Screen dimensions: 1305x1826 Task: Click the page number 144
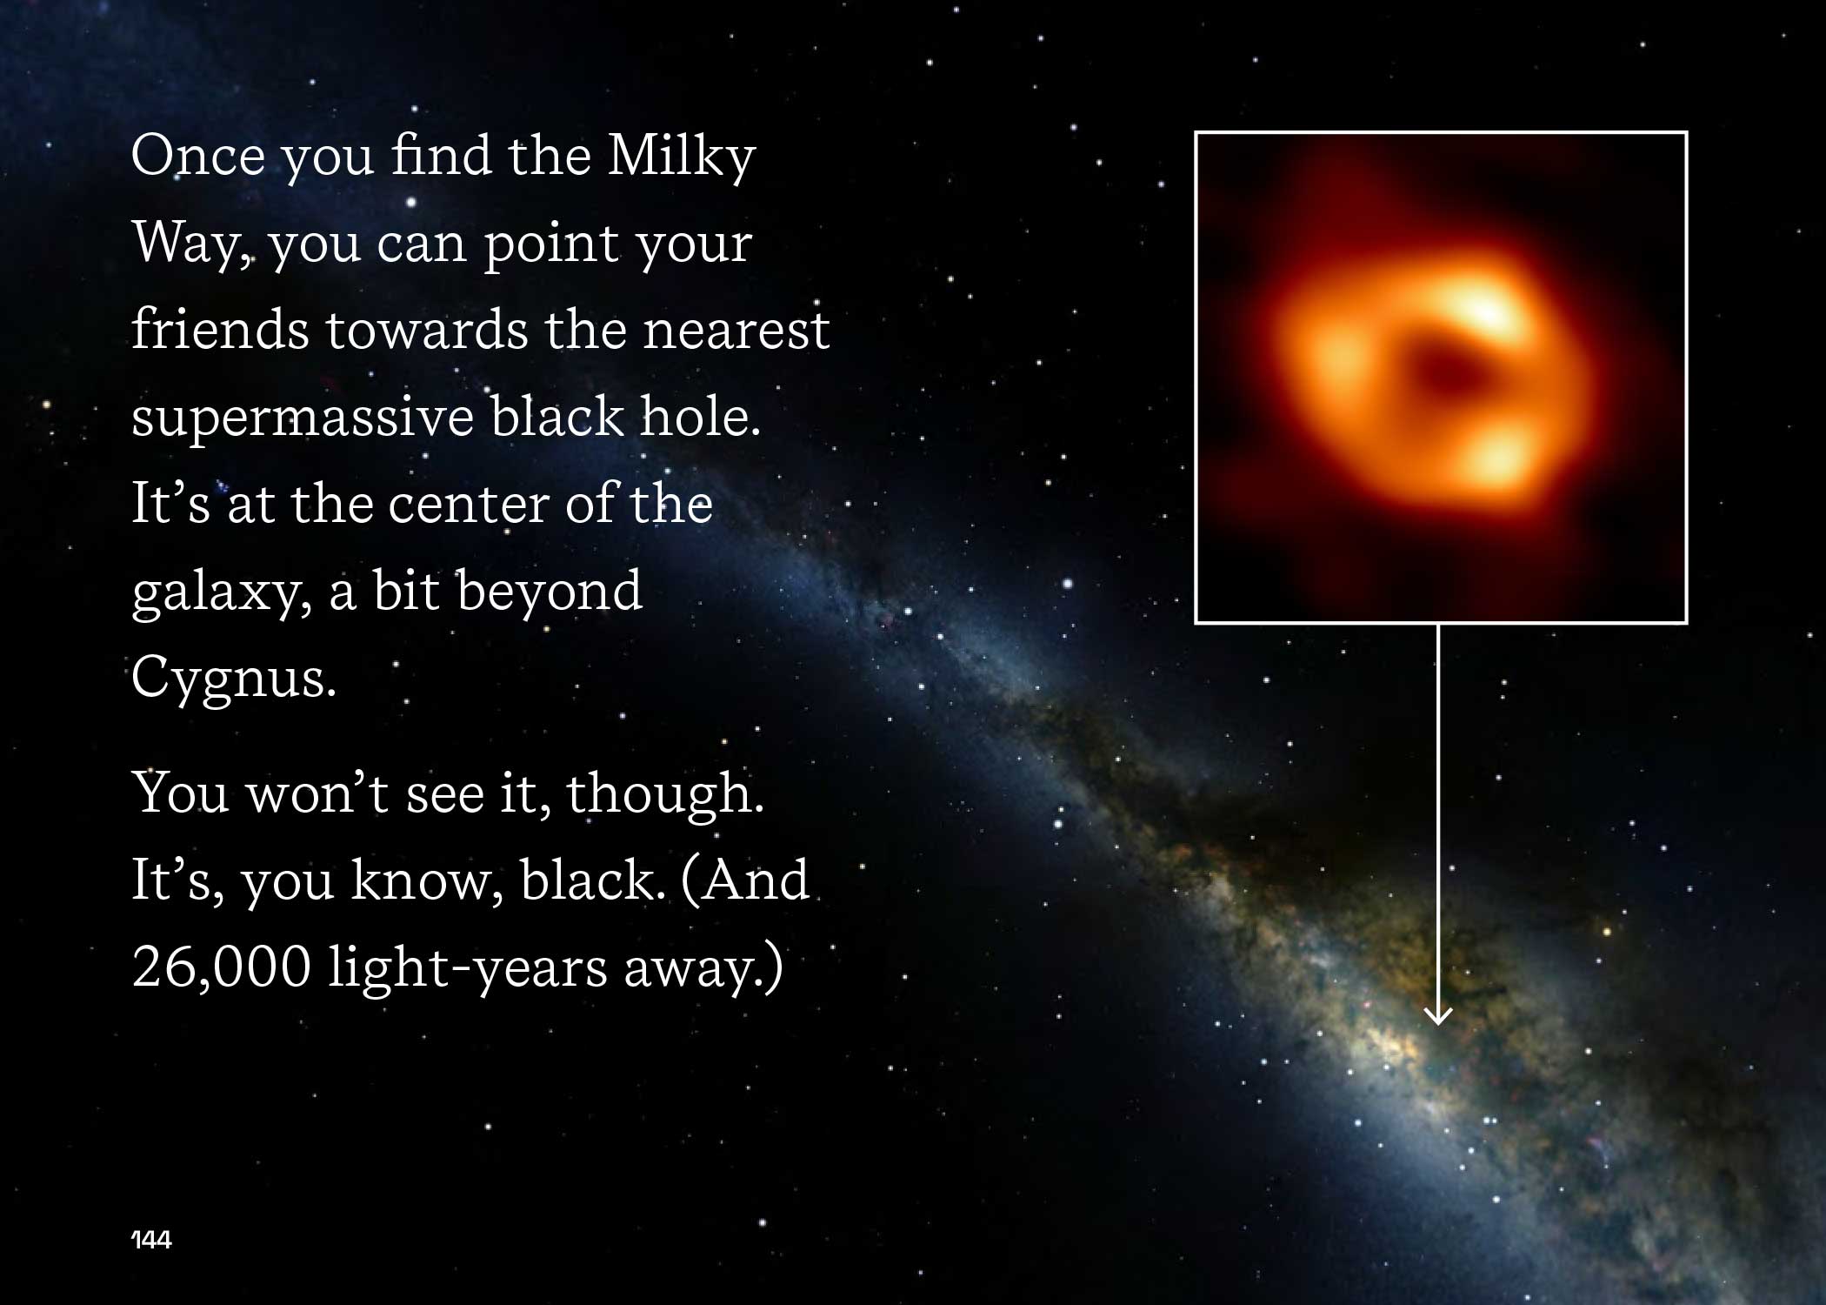pos(151,1240)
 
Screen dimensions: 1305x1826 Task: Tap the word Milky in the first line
pos(681,157)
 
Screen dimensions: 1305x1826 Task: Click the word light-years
pos(467,968)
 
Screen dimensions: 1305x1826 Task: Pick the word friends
pos(220,330)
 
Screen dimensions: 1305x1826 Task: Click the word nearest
pos(736,331)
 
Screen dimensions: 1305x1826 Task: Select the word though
pos(664,794)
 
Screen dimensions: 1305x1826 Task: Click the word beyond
pos(550,592)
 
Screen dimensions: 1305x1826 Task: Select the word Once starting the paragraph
pos(197,157)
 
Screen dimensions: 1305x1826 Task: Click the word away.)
pos(703,968)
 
